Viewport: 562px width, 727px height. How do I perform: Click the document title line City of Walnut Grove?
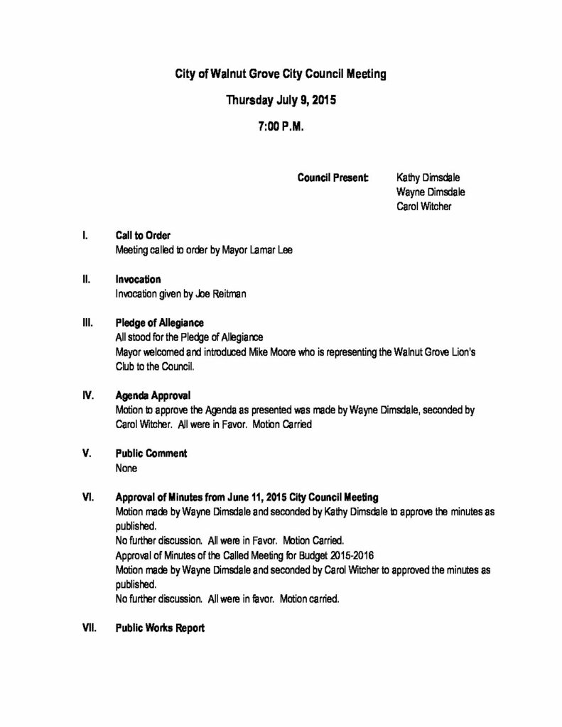pyautogui.click(x=281, y=73)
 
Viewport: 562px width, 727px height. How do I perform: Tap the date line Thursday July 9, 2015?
pyautogui.click(x=281, y=100)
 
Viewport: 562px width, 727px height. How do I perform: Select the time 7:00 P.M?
pyautogui.click(x=281, y=129)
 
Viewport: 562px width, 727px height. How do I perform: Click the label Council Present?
pyautogui.click(x=333, y=177)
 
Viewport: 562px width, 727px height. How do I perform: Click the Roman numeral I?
pyautogui.click(x=85, y=235)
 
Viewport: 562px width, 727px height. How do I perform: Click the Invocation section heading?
pyautogui.click(x=138, y=279)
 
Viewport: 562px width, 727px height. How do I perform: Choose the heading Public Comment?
pyautogui.click(x=151, y=453)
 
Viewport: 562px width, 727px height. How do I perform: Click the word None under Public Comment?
pyautogui.click(x=126, y=468)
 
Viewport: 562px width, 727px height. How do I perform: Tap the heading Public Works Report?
pyautogui.click(x=160, y=628)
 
